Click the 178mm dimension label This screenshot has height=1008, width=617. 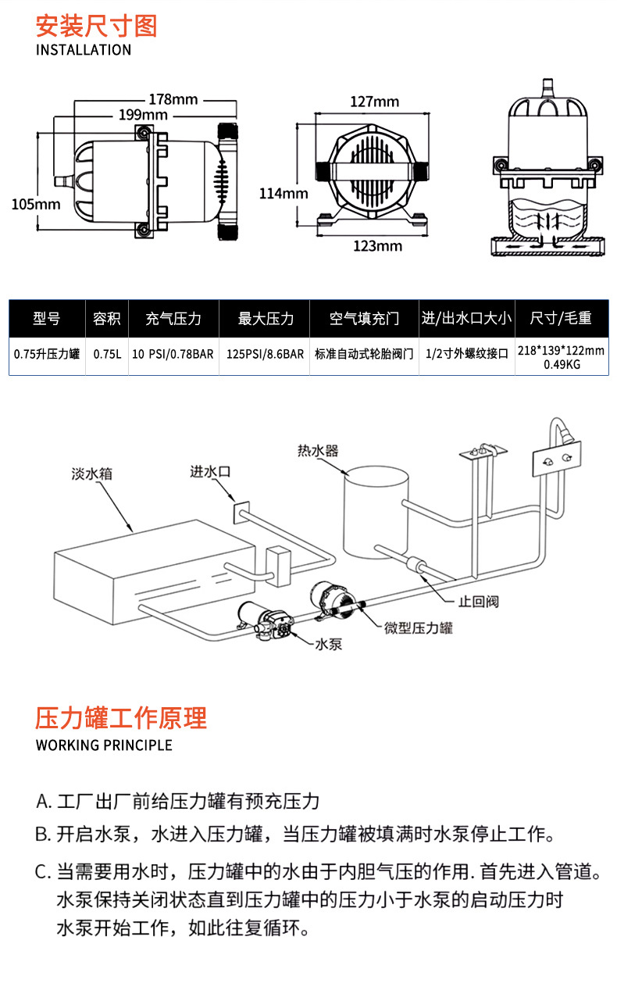(x=173, y=99)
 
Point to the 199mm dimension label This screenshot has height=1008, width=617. (x=144, y=115)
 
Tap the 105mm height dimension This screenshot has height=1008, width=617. (x=36, y=205)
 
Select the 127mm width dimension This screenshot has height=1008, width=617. (x=374, y=102)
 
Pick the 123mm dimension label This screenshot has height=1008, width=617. (x=378, y=246)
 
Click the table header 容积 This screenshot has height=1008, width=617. (x=107, y=318)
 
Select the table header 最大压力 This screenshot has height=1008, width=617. (x=266, y=318)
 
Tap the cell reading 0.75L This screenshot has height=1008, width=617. (x=107, y=354)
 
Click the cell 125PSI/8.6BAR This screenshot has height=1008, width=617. (x=266, y=354)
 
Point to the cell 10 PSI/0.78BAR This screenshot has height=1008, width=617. (x=173, y=354)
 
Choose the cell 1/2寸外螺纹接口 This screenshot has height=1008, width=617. (x=467, y=354)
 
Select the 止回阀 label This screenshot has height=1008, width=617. (x=478, y=601)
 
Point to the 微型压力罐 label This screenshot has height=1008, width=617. (x=419, y=627)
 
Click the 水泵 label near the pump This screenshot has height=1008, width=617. (x=328, y=645)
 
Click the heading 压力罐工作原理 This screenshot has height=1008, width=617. (x=121, y=717)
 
